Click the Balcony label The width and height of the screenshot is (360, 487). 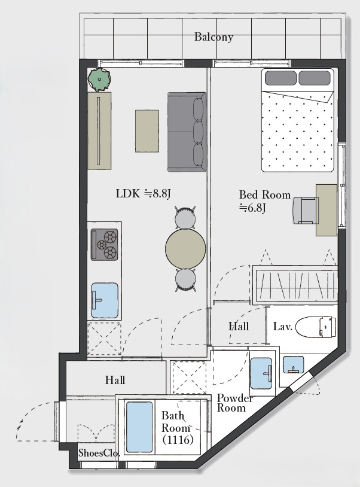[x=213, y=37]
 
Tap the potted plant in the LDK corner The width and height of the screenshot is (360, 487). [x=99, y=80]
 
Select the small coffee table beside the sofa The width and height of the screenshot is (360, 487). [x=147, y=131]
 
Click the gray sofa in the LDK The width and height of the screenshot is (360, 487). [x=187, y=132]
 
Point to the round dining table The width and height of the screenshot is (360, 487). [x=185, y=248]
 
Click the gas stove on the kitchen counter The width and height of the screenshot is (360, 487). [x=104, y=245]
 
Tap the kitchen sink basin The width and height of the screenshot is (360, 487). [x=105, y=300]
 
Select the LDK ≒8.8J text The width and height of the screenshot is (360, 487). [x=144, y=194]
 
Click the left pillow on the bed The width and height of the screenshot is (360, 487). [x=280, y=78]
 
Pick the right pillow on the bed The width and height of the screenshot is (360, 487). [x=315, y=78]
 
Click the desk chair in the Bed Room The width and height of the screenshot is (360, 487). [x=306, y=210]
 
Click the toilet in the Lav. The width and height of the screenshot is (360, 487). [x=315, y=327]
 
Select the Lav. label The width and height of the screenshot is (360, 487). [x=283, y=327]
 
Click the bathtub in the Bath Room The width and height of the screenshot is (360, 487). [x=140, y=427]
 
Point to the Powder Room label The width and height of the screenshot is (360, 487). [x=235, y=403]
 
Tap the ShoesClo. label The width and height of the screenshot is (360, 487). [x=99, y=453]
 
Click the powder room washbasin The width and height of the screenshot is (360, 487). [x=261, y=373]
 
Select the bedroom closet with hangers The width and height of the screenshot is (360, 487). [x=295, y=285]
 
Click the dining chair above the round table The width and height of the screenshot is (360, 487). [x=185, y=218]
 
